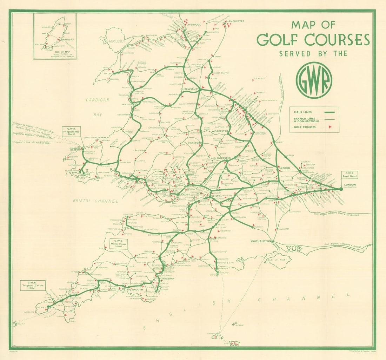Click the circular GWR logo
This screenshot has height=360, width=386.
tap(314, 80)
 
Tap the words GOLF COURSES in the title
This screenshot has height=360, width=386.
tap(313, 40)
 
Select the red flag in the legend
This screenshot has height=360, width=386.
tap(330, 127)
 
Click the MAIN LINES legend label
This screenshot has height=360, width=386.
tap(302, 112)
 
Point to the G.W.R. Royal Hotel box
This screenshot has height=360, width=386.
tap(351, 175)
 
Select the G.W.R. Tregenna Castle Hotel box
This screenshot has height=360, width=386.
tap(33, 285)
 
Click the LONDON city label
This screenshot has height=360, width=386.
tap(350, 185)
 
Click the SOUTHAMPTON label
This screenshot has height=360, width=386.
tap(261, 241)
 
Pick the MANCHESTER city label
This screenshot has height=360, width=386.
tap(235, 21)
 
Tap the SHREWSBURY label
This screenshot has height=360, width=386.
tap(190, 89)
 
